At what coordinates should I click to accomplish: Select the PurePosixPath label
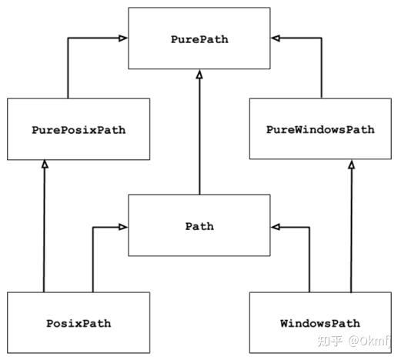pos(79,129)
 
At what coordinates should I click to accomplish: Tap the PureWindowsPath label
pos(319,129)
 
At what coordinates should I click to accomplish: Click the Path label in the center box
pos(199,226)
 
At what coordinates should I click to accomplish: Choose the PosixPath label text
pos(79,323)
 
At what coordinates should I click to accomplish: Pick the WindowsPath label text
pos(319,323)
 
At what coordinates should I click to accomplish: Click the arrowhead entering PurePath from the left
pos(123,37)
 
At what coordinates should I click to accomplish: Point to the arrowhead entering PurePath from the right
pos(276,37)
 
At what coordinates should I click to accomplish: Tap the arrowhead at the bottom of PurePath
pos(199,75)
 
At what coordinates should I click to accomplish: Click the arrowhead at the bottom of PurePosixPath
pos(44,164)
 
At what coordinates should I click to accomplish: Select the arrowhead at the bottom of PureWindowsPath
pos(351,164)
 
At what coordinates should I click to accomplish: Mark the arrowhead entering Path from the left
pos(123,227)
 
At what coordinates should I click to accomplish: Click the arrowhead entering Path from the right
pos(276,227)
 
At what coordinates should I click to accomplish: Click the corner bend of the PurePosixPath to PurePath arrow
pos(68,37)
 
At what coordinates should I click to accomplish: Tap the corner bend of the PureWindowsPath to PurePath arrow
pos(330,37)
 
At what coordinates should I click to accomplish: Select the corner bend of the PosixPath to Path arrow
pos(92,227)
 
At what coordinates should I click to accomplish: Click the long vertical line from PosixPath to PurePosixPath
pos(44,231)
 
